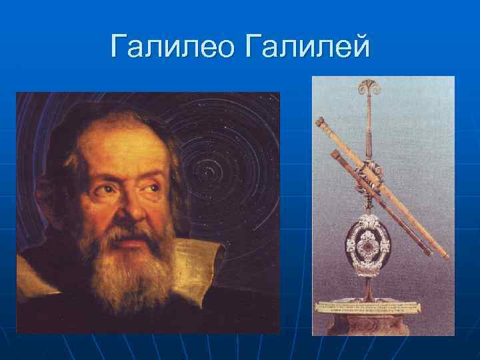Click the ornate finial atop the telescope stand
368,89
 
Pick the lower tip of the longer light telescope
443,255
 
